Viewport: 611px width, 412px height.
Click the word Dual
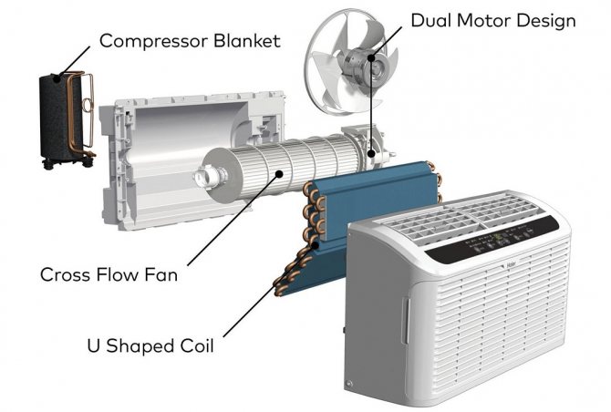click(431, 20)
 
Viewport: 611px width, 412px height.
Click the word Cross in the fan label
click(66, 273)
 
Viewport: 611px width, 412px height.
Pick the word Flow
click(118, 273)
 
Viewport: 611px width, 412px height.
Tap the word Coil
click(199, 346)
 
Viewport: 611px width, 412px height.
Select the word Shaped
click(142, 347)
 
